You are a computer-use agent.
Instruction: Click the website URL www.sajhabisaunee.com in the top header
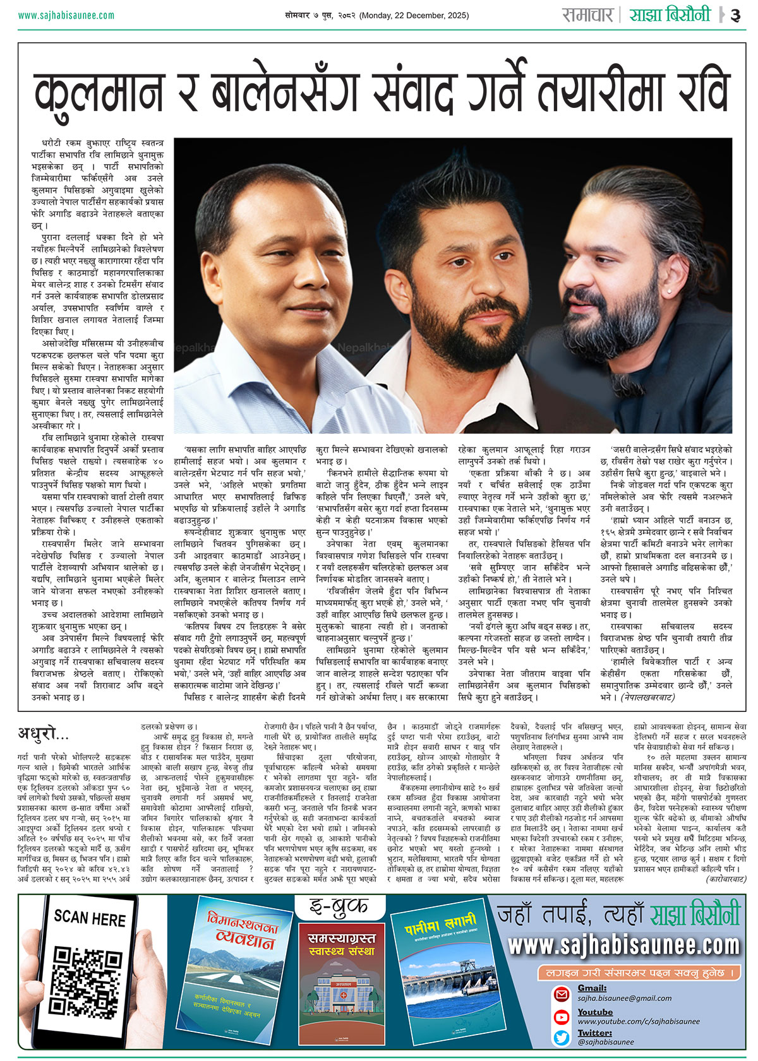[x=66, y=15]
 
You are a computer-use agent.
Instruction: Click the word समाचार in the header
[x=587, y=15]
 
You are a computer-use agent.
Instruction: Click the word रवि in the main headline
[x=697, y=92]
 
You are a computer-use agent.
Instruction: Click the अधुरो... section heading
[x=44, y=733]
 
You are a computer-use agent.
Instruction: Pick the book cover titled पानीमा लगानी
[x=442, y=972]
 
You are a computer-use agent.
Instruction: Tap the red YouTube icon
[x=562, y=1017]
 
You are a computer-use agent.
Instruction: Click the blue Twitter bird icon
[x=562, y=1037]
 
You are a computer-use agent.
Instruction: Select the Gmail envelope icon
[x=562, y=994]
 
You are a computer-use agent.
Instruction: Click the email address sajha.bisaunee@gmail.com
[x=624, y=998]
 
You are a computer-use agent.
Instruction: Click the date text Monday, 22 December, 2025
[x=414, y=15]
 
